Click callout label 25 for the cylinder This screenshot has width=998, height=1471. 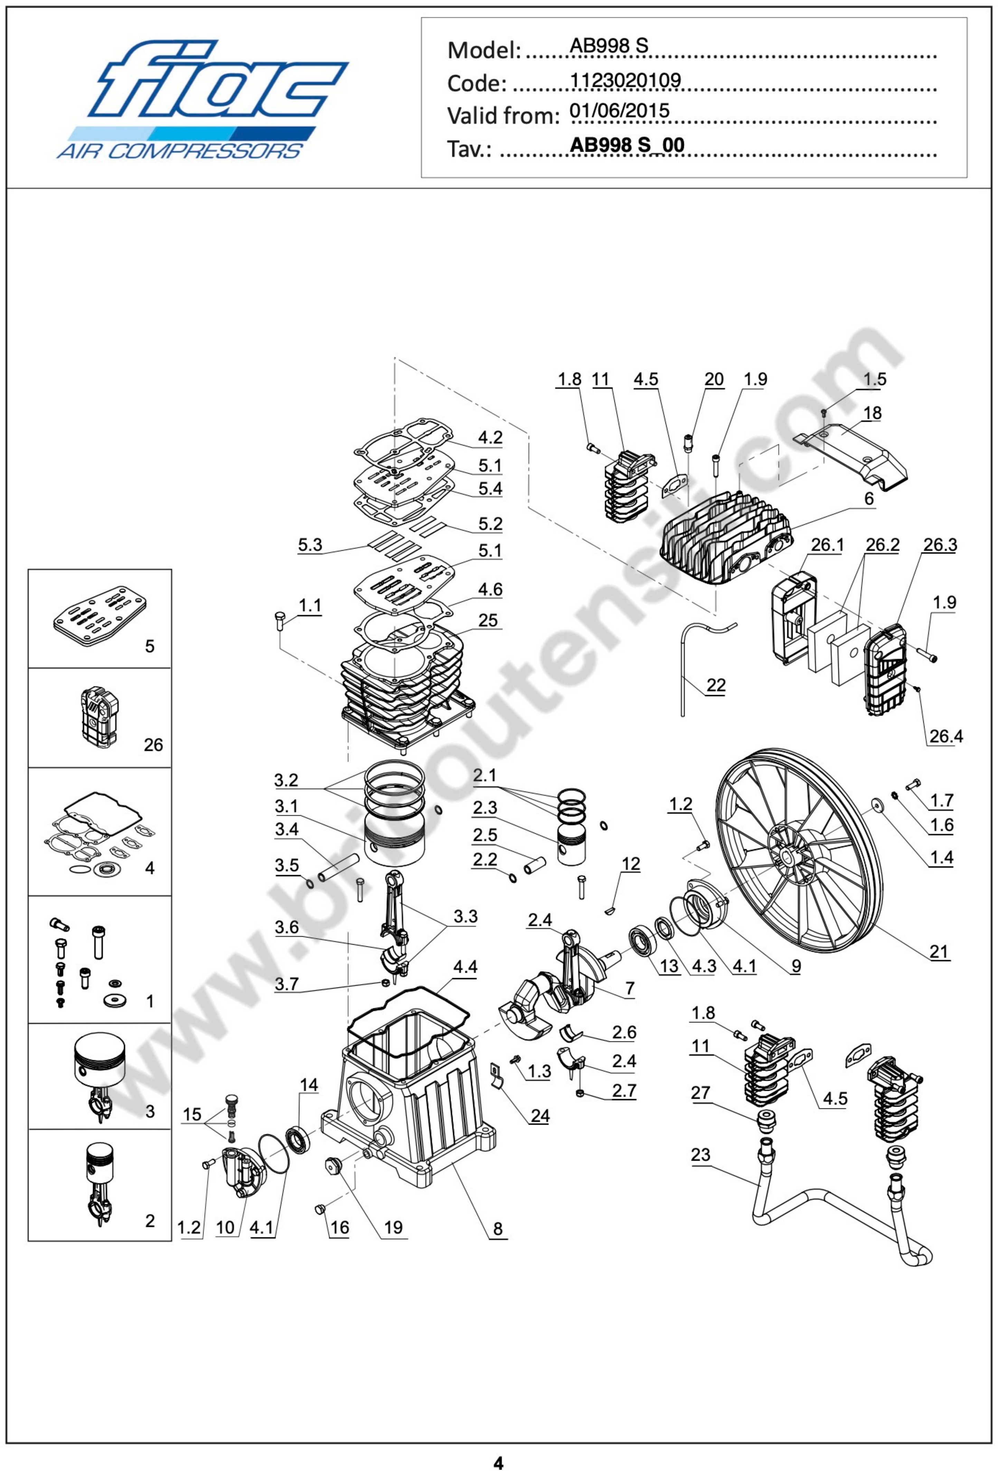[x=487, y=620]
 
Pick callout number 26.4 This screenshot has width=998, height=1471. [x=945, y=736]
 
